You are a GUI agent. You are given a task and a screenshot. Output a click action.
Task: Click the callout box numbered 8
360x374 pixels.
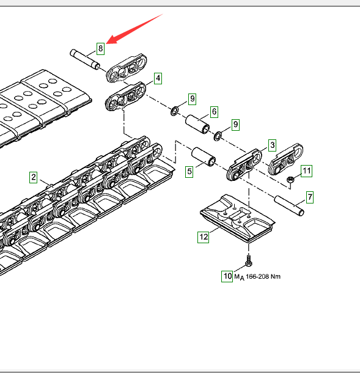100,49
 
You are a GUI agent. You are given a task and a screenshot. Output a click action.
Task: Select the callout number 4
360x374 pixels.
158,78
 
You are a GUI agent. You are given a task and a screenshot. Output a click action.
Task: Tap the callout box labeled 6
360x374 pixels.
214,112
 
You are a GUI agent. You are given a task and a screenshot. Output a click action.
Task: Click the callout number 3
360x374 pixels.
272,145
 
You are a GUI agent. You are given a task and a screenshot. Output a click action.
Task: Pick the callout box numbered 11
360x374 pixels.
306,171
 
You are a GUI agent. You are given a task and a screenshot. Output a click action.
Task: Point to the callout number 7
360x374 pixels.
310,197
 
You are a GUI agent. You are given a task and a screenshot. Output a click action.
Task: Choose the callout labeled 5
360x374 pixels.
189,172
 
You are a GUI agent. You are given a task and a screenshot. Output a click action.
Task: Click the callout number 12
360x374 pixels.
204,237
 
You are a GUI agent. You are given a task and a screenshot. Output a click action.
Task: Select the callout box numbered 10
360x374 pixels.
227,276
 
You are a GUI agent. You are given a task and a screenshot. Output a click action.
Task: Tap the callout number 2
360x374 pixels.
34,177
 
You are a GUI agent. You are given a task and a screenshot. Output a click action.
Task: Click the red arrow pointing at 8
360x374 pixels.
135,29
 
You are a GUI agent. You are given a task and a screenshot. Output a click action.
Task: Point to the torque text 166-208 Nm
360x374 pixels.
263,277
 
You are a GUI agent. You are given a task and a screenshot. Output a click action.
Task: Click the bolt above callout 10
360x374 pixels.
249,260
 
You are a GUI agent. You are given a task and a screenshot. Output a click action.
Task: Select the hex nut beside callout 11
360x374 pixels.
290,180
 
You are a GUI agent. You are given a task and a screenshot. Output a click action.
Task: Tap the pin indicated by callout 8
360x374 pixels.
85,59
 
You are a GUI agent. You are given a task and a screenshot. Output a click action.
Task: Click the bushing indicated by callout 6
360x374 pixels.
198,124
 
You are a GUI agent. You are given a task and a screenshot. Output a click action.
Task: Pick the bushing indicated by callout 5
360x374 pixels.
204,156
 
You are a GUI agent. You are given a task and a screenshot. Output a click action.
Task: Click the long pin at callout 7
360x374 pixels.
289,205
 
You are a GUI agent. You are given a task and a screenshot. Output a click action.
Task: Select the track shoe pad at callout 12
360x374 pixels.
237,218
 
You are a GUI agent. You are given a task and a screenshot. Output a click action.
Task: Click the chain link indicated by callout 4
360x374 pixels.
126,96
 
